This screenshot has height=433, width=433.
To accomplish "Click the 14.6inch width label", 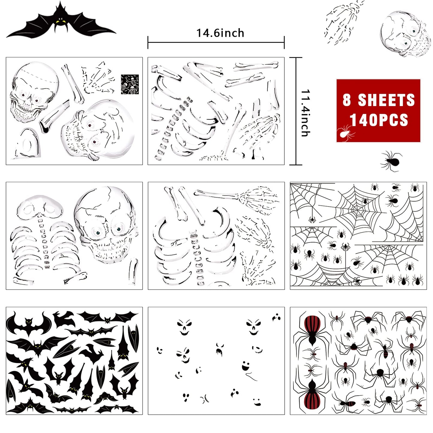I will pyautogui.click(x=220, y=33).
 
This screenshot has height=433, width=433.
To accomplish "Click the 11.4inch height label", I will pyautogui.click(x=306, y=113).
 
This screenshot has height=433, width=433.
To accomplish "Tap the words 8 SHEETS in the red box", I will pyautogui.click(x=379, y=100).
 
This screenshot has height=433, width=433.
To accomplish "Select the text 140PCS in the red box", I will pyautogui.click(x=379, y=120).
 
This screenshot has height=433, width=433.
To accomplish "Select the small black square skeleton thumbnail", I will pyautogui.click(x=130, y=84).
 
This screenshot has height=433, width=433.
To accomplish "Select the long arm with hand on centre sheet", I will pyautogui.click(x=237, y=196).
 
